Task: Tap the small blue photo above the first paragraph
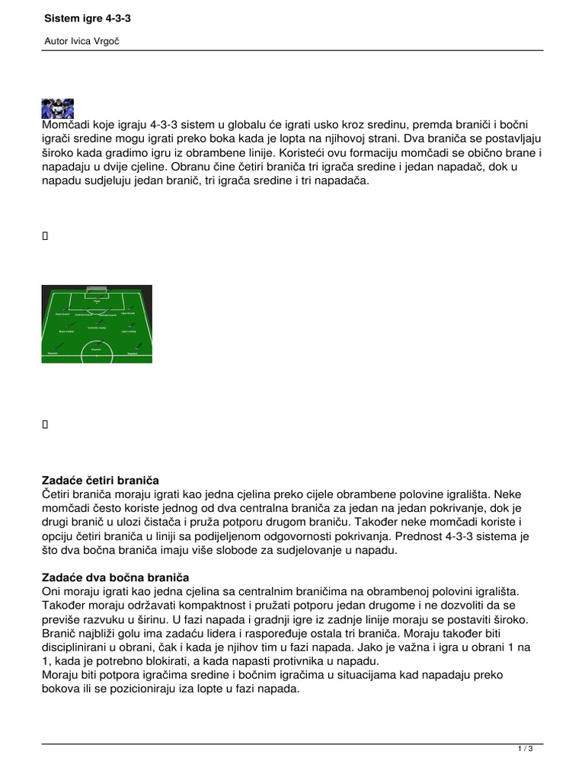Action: pos(58,107)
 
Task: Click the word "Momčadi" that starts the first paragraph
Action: pos(66,124)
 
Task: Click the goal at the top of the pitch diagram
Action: pos(97,292)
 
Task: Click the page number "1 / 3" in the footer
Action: pos(525,750)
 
